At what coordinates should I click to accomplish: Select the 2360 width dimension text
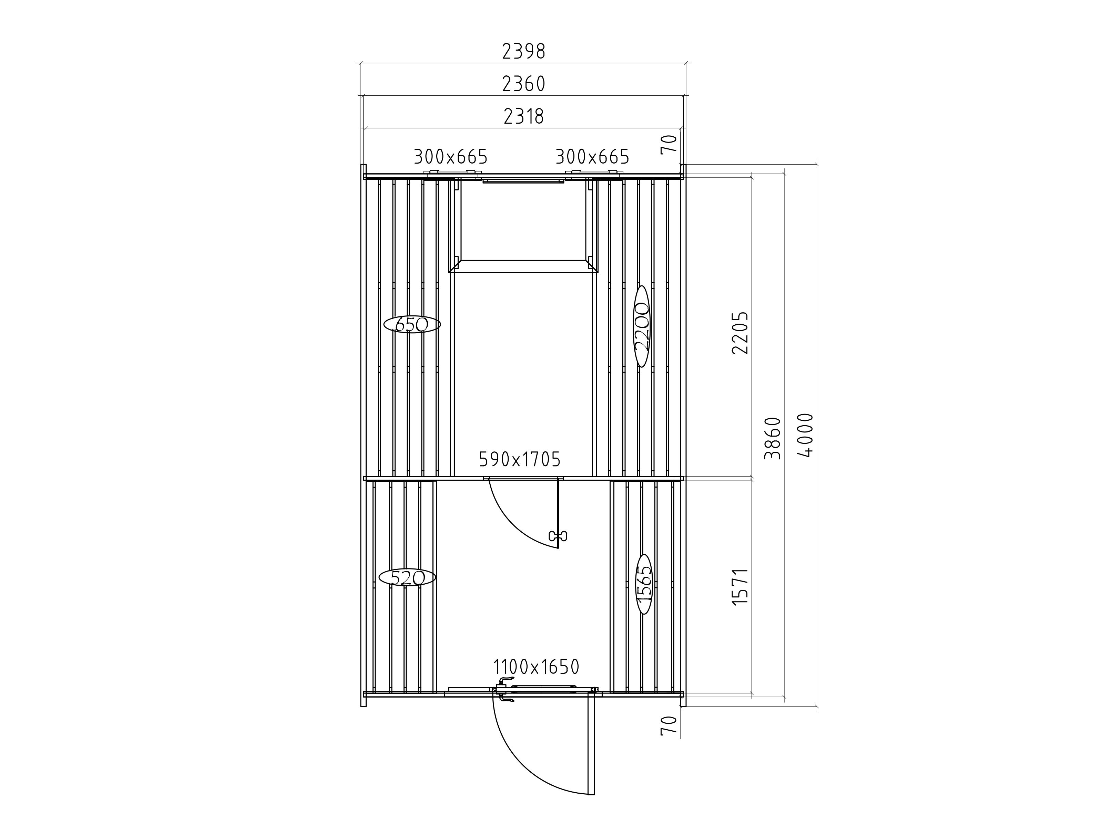point(523,84)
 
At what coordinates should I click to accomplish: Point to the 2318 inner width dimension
point(523,116)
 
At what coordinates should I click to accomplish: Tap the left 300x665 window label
point(450,157)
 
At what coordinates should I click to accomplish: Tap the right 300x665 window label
point(592,157)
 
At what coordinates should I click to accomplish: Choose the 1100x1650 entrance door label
point(536,666)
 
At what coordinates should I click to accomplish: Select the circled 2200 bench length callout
point(642,327)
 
